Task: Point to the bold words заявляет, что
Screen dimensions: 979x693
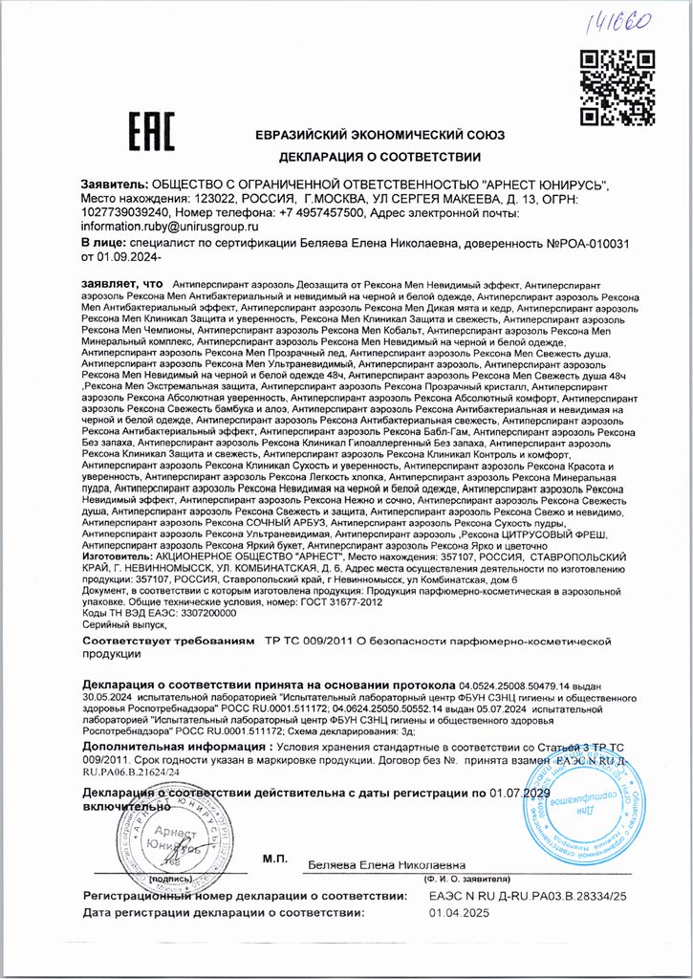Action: pyautogui.click(x=123, y=285)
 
